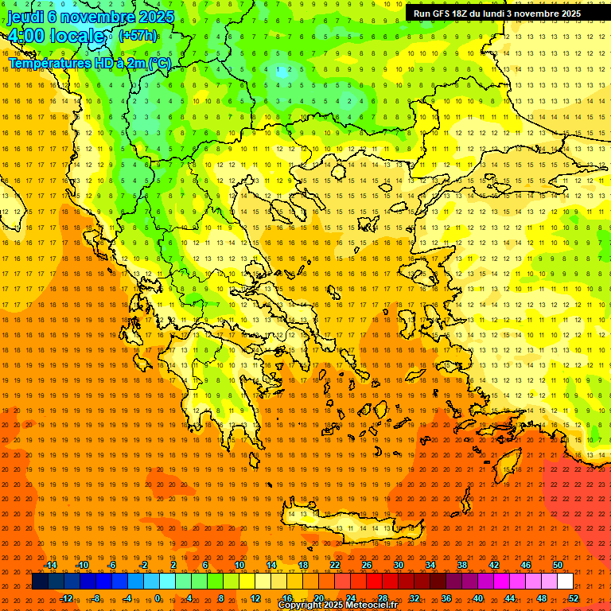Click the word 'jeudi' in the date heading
pos(25,17)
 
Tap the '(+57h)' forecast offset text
pos(138,35)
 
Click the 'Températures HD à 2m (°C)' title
pos(89,63)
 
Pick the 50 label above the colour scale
pos(558,565)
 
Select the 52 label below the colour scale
pos(574,598)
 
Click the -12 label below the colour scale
pos(66,598)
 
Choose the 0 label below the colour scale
pos(158,598)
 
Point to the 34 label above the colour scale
pos(430,565)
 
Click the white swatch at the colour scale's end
pos(565,582)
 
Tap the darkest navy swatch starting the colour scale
pos(40,582)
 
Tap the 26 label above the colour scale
pos(367,565)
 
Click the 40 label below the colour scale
pos(478,598)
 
